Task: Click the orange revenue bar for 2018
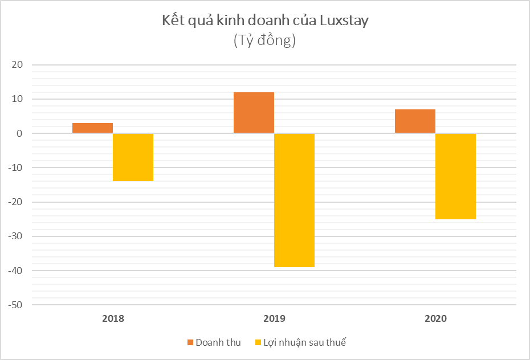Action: [x=92, y=128]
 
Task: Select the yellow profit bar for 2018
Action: [x=133, y=157]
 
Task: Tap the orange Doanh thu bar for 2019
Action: [x=254, y=113]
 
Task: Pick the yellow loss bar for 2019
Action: [x=294, y=200]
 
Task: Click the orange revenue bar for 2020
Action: [x=415, y=121]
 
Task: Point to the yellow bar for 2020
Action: [x=455, y=176]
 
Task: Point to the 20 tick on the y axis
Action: [x=17, y=65]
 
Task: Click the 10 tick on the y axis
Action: [x=17, y=99]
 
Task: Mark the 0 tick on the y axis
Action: [x=19, y=133]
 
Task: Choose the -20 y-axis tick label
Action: [x=15, y=202]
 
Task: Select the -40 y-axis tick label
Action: [x=15, y=271]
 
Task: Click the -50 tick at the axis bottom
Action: [x=15, y=305]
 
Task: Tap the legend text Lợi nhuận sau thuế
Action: [x=304, y=342]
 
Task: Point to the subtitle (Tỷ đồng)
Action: [x=264, y=41]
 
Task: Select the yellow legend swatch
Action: [x=257, y=342]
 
